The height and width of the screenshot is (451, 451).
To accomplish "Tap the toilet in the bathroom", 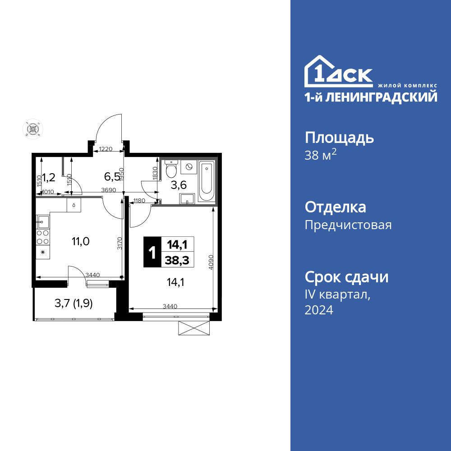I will [171, 170].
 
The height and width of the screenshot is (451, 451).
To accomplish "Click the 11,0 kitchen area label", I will [80, 241].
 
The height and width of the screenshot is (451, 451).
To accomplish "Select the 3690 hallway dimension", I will [109, 190].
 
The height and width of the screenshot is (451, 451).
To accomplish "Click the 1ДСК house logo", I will [338, 72].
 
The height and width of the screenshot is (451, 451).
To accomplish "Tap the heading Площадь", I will [339, 138].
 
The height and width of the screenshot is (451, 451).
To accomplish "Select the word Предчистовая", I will [348, 225].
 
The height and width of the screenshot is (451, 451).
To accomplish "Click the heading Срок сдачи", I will [346, 277].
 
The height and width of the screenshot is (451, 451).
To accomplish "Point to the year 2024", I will [319, 310].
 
